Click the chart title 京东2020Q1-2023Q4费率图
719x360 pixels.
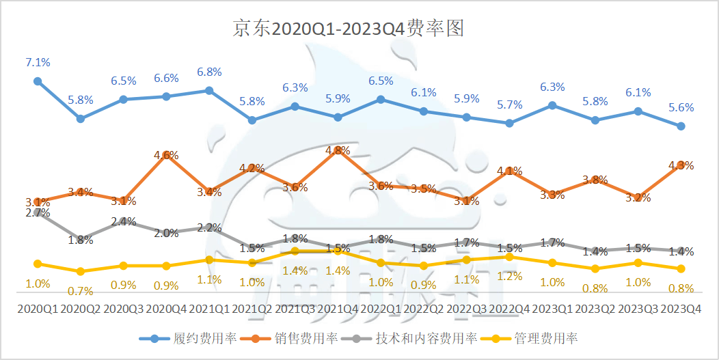click(349, 29)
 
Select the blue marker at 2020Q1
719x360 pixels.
click(38, 81)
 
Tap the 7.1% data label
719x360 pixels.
click(38, 63)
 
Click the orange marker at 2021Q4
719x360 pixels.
click(338, 150)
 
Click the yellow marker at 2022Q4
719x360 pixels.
click(509, 256)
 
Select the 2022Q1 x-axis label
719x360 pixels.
click(381, 309)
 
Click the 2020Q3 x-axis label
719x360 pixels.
click(124, 309)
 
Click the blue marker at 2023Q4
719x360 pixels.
click(680, 126)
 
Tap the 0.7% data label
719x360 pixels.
click(81, 291)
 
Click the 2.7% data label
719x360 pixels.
click(38, 213)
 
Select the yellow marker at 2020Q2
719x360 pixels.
click(81, 271)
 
